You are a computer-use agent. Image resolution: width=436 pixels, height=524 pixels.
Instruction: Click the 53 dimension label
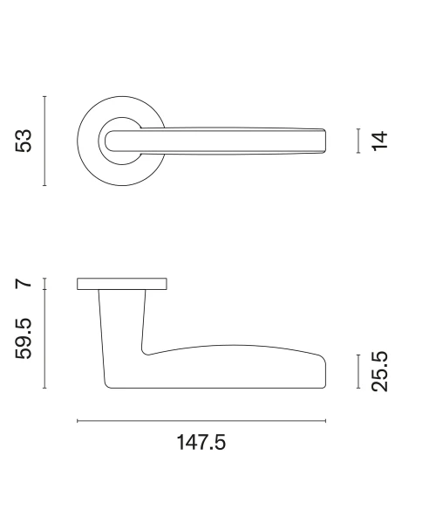click(x=24, y=141)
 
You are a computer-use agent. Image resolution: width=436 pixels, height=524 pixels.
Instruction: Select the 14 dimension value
click(x=380, y=141)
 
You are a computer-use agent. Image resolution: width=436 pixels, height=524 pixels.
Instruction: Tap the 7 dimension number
click(x=24, y=284)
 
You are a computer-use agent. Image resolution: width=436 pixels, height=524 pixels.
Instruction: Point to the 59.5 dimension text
click(x=24, y=339)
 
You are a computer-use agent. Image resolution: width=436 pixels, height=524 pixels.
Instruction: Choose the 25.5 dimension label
click(x=380, y=371)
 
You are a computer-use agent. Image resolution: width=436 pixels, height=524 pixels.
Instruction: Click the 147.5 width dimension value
click(x=201, y=442)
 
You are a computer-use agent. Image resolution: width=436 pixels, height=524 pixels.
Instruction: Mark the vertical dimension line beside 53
click(x=44, y=141)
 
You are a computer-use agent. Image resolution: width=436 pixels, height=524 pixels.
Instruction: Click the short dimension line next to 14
click(x=358, y=141)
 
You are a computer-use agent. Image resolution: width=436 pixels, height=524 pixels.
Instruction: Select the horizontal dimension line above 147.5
click(x=201, y=421)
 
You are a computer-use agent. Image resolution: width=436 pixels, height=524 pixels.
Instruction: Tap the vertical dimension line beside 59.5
click(x=44, y=339)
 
